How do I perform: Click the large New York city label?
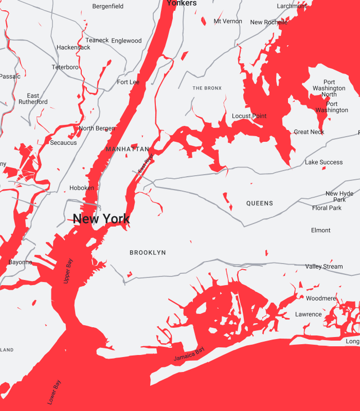[101, 219]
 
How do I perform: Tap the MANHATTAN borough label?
[127, 149]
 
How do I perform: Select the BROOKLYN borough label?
[148, 253]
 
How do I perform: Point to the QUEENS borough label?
[260, 203]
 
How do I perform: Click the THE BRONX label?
[207, 88]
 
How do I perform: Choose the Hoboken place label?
[82, 188]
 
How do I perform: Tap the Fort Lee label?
[128, 82]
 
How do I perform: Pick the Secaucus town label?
[63, 143]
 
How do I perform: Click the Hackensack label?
[74, 47]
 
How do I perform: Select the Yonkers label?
[182, 3]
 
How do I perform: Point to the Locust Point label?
[249, 116]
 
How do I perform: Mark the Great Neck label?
[309, 132]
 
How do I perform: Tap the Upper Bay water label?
[68, 271]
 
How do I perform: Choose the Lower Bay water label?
[54, 391]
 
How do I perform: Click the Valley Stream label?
[324, 267]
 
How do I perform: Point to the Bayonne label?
[21, 263]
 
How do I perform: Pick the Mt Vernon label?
[228, 21]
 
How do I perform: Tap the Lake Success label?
[324, 162]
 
